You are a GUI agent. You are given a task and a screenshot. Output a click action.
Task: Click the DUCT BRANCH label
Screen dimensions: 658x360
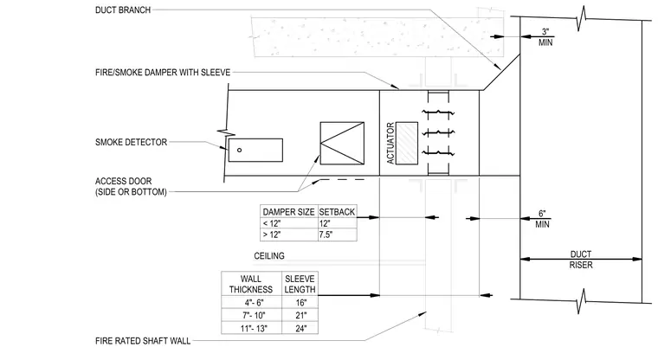click(123, 10)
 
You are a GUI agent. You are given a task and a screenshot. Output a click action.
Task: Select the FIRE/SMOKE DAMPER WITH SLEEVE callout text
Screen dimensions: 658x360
click(163, 73)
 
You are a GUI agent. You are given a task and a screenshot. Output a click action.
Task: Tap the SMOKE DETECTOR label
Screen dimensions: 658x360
click(131, 142)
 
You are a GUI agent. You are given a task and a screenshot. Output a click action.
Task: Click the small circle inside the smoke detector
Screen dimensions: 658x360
click(239, 151)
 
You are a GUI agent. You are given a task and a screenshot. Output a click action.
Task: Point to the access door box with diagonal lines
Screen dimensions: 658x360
click(342, 143)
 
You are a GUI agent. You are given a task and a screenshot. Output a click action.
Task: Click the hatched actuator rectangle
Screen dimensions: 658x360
click(407, 143)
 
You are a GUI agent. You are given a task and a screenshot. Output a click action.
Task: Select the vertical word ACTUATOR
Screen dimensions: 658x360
click(390, 143)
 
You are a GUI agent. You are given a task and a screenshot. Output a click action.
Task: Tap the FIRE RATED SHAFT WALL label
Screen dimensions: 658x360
click(143, 341)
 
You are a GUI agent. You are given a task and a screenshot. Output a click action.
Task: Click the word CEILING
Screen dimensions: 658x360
click(269, 256)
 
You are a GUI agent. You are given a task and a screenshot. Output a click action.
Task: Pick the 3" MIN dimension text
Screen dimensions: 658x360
click(545, 37)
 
